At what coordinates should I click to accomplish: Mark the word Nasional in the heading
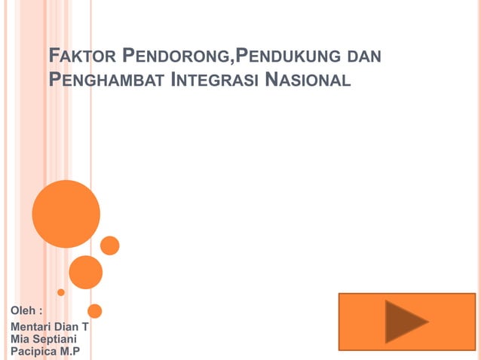point(309,79)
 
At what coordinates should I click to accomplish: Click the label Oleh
point(23,310)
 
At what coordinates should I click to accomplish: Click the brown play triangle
point(404,322)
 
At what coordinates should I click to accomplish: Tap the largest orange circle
point(66,213)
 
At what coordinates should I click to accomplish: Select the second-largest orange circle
point(86,272)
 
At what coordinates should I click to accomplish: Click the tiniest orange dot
point(61,292)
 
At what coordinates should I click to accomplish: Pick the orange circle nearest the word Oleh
point(95,310)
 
